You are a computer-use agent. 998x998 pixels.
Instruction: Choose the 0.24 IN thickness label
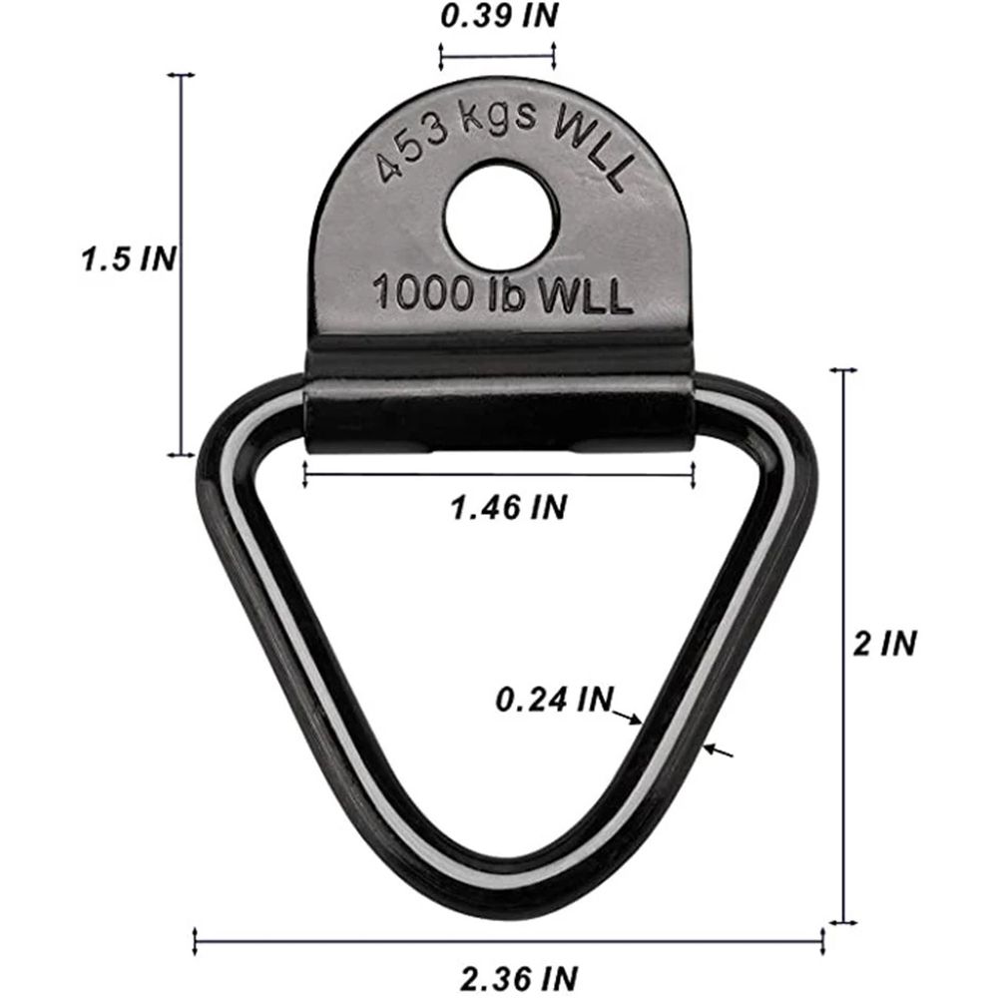553,700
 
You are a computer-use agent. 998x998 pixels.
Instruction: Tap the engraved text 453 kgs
455,141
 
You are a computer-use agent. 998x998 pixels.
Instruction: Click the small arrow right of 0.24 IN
629,717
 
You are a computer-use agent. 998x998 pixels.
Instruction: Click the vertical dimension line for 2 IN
846,645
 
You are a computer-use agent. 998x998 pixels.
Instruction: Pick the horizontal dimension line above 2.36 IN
508,938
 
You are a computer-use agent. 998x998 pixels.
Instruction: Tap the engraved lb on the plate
507,296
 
